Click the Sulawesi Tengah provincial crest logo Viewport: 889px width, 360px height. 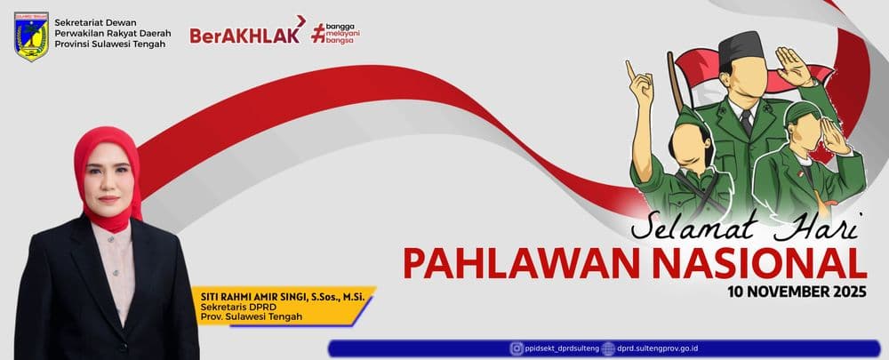[32, 36]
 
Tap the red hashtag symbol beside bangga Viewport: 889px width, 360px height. [318, 34]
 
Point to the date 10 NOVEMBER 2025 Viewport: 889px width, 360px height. [797, 292]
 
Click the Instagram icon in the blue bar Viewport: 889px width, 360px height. [517, 348]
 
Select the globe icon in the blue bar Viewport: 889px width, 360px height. [608, 348]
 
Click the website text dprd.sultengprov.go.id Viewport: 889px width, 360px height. [658, 348]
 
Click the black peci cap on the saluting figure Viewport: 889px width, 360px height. [741, 45]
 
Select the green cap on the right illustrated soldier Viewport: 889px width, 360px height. [801, 111]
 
